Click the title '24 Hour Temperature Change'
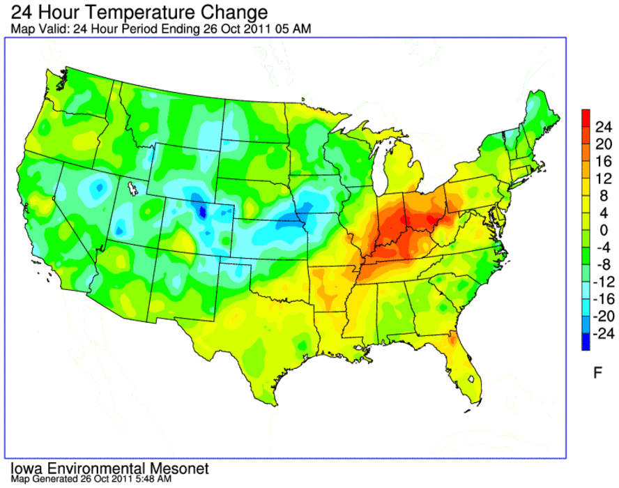(139, 13)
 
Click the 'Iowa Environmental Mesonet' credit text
(109, 468)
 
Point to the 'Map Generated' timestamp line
(91, 479)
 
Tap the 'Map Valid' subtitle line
(160, 29)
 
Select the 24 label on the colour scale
(604, 127)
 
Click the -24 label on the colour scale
(603, 334)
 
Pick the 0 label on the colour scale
(604, 230)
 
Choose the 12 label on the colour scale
(604, 179)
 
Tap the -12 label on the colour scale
(603, 282)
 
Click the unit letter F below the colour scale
(597, 372)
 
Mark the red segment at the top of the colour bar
(586, 118)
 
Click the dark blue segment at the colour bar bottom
(586, 342)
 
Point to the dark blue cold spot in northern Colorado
(203, 212)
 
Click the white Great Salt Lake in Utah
(132, 188)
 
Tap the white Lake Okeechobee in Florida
(471, 379)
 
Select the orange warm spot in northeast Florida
(452, 338)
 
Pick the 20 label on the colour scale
(604, 144)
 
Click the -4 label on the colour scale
(603, 247)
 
